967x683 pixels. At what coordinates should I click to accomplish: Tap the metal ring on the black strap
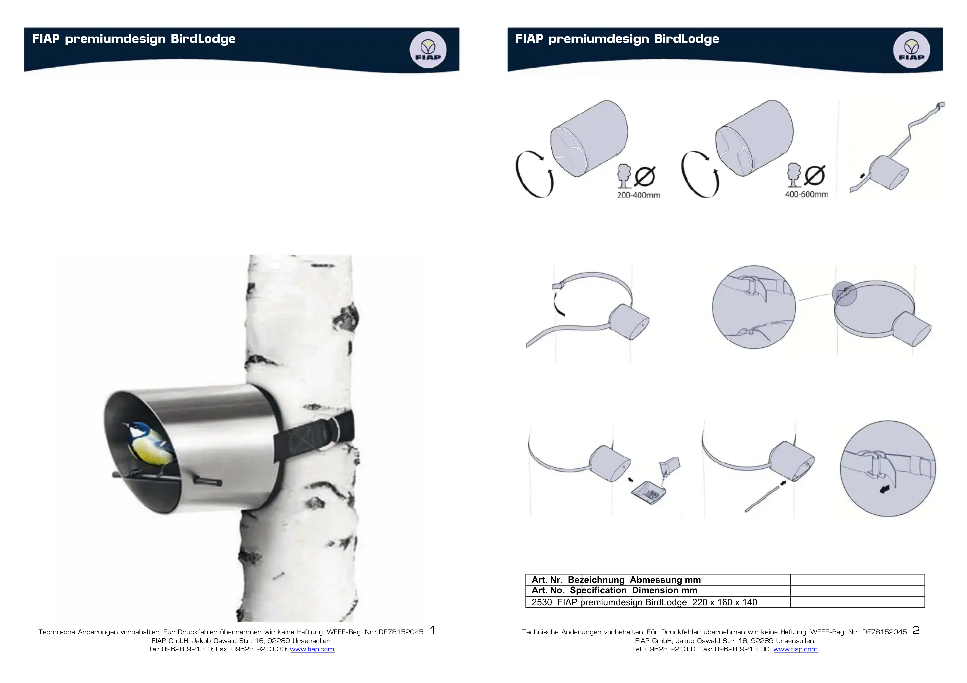pyautogui.click(x=333, y=433)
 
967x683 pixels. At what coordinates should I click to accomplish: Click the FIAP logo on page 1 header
pyautogui.click(x=428, y=50)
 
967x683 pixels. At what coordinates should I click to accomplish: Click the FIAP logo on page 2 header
pyautogui.click(x=911, y=50)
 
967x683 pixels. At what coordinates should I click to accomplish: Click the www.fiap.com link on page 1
pyautogui.click(x=312, y=649)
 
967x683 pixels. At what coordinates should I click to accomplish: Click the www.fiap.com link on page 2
pyautogui.click(x=796, y=649)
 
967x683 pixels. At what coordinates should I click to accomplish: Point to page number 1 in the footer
pyautogui.click(x=432, y=630)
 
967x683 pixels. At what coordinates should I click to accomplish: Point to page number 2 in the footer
pyautogui.click(x=916, y=630)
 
